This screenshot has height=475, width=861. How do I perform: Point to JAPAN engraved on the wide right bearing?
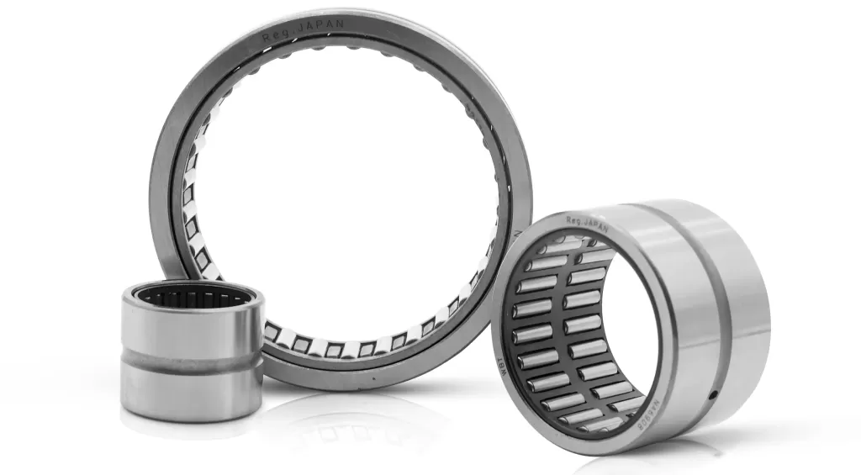tap(594, 219)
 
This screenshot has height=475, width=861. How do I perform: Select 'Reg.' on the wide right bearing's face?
tap(574, 220)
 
